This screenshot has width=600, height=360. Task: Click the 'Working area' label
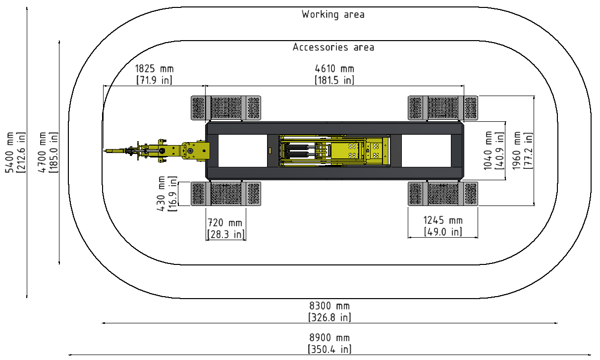point(333,14)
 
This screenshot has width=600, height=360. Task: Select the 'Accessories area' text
point(333,47)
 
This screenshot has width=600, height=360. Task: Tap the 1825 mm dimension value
point(154,69)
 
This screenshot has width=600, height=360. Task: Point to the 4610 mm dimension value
point(334,69)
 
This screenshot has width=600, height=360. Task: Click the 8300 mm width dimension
point(329,306)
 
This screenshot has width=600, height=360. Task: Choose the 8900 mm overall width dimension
point(329,338)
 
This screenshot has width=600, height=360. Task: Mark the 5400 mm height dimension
point(9,153)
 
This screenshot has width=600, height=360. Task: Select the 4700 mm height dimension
point(42,153)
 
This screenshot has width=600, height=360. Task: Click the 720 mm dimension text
point(225,223)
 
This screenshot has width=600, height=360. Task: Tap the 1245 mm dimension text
point(443,220)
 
